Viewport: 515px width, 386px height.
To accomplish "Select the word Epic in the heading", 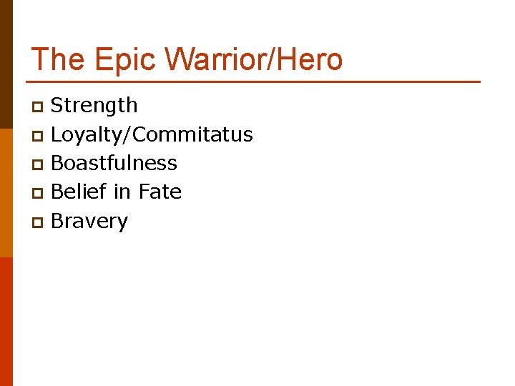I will coord(114,59).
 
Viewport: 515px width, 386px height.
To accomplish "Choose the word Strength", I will coord(94,106).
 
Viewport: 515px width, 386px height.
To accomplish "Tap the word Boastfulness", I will coord(114,163).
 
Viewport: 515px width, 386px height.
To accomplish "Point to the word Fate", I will coord(160,192).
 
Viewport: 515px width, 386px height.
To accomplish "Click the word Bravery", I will coord(89,221).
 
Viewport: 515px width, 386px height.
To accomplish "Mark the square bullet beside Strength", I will coord(38,107).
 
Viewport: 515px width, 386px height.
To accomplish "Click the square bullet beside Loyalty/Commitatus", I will coord(38,136).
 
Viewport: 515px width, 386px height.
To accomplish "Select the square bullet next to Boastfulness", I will coord(38,164).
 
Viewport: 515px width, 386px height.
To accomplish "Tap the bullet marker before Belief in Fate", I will coord(38,193).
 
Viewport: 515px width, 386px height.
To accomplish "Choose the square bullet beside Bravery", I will coord(38,222).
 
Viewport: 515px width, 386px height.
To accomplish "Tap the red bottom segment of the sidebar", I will coord(6,322).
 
